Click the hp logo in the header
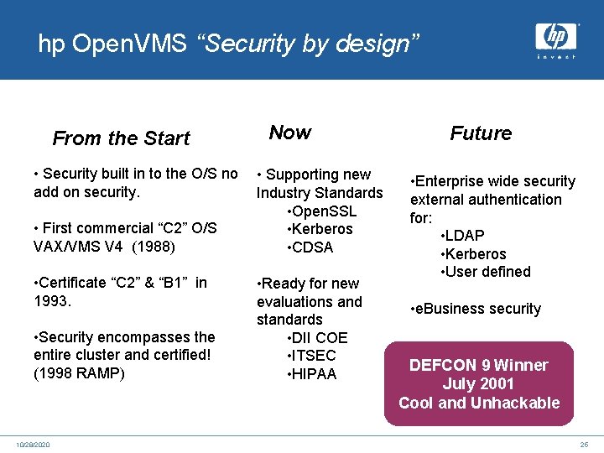tap(555, 39)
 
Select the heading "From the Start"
tap(121, 138)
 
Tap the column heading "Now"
tap(289, 133)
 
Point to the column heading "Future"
tap(481, 133)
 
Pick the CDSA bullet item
tap(310, 247)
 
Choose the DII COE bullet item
tap(316, 338)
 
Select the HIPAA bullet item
tap(311, 374)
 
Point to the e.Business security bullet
tap(476, 309)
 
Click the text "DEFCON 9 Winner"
tap(478, 365)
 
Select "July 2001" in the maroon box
tap(478, 384)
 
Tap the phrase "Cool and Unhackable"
tap(479, 403)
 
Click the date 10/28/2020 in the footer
tap(32, 444)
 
